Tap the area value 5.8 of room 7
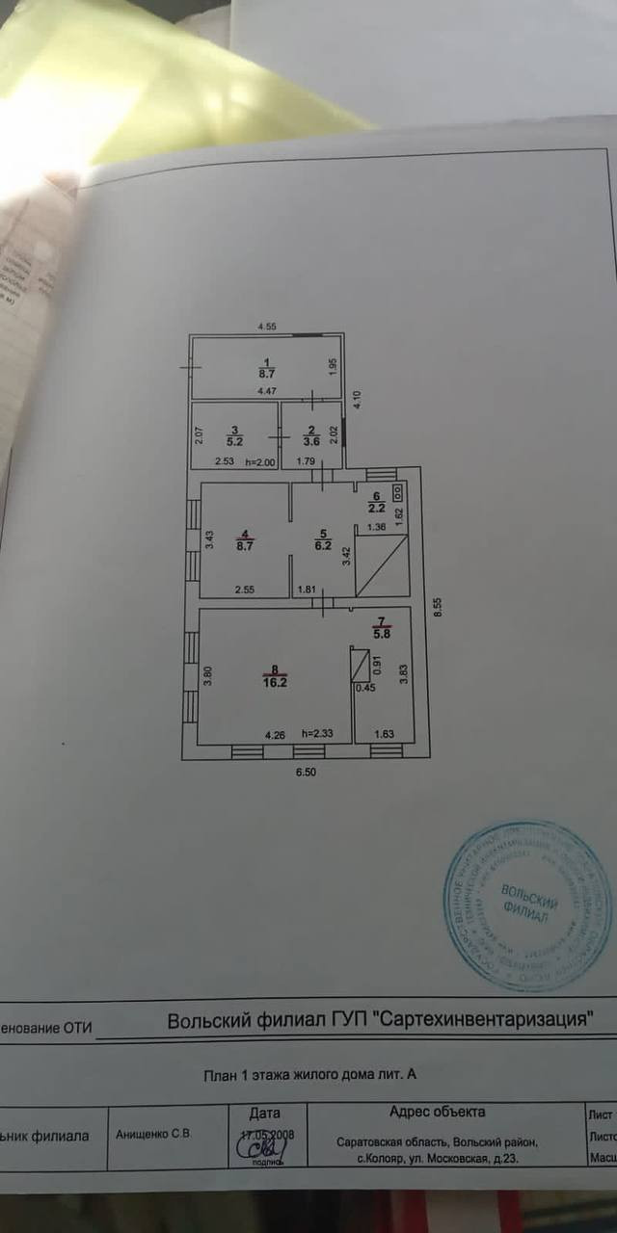382,635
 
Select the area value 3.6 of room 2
310,441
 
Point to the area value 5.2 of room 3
234,441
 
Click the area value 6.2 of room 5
323,543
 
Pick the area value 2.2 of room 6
377,507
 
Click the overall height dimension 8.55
437,607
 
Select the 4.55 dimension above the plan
267,328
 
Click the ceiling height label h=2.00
260,461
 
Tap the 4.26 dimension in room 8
275,733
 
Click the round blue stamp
528,905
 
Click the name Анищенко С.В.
154,1135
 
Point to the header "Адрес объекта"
437,1112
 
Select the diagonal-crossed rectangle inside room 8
360,669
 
